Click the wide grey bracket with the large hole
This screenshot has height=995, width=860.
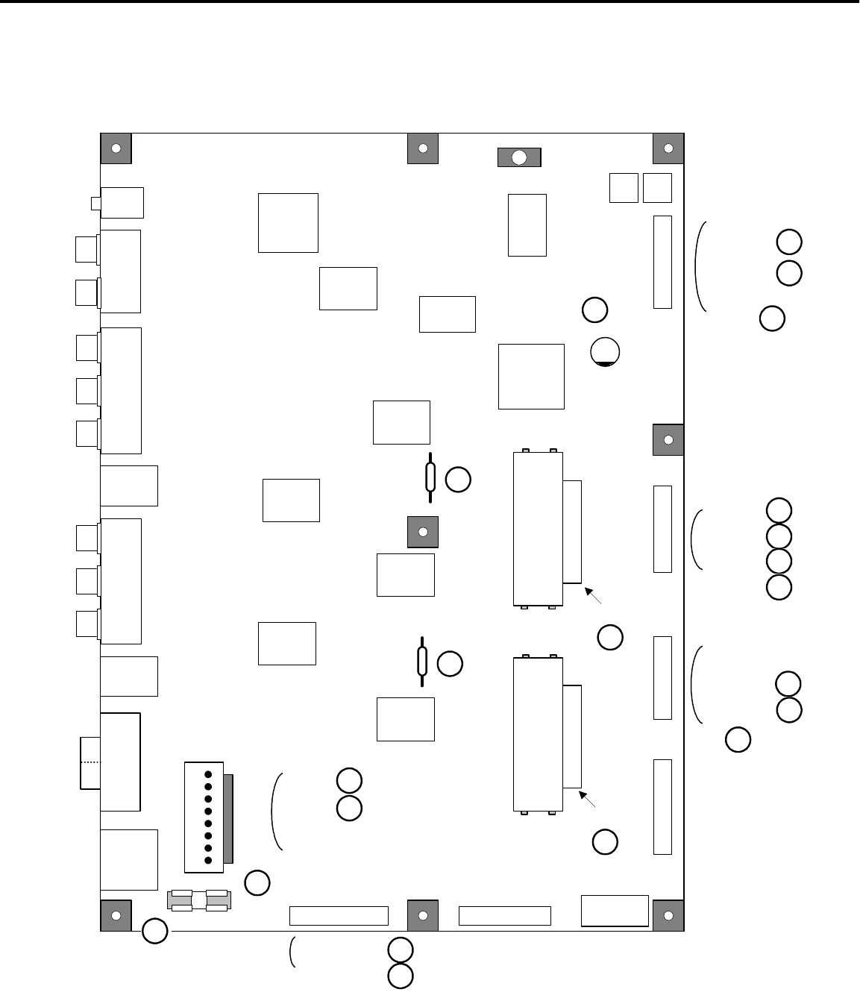click(519, 157)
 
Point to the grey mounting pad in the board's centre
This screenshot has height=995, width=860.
click(423, 532)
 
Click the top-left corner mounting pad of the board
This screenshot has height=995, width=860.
click(116, 148)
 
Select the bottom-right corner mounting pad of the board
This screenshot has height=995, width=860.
click(668, 915)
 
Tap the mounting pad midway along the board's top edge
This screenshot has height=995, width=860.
click(423, 148)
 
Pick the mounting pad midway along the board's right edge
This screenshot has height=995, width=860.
click(668, 439)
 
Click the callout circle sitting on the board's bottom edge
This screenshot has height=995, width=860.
click(155, 931)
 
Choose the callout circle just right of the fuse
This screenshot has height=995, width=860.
click(257, 882)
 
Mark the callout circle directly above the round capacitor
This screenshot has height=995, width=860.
click(594, 310)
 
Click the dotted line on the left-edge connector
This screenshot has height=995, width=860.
click(90, 762)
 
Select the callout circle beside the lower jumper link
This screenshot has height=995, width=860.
click(450, 664)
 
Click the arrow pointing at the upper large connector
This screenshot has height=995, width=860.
click(593, 595)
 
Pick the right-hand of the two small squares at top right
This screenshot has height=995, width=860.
click(657, 187)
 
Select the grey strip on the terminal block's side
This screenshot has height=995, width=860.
click(228, 817)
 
